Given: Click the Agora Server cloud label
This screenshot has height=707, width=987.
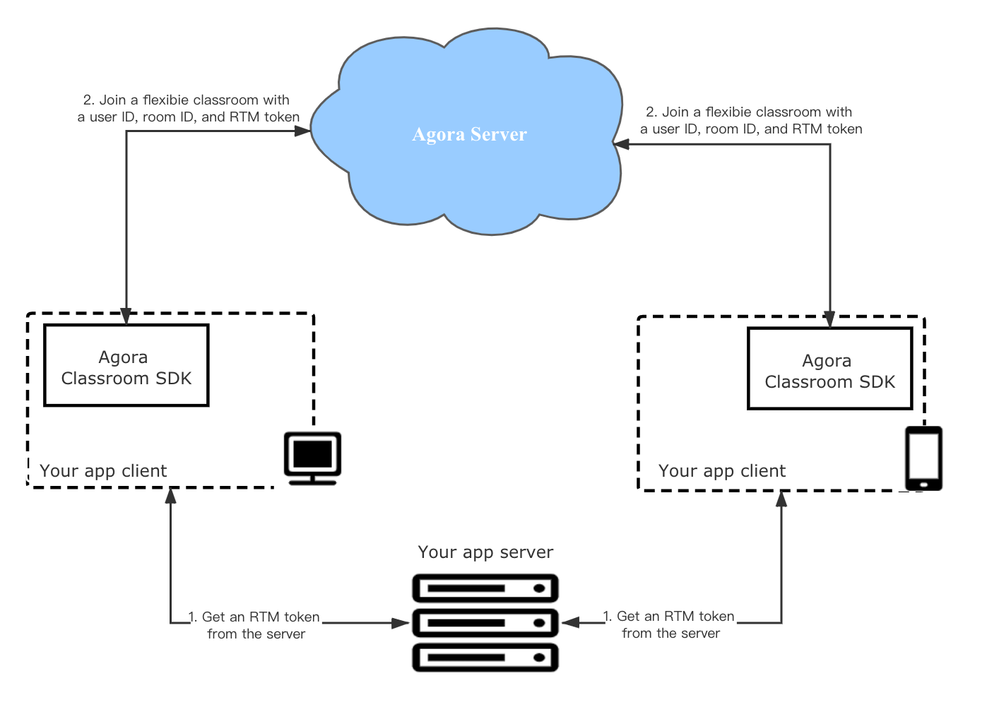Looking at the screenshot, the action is tap(469, 134).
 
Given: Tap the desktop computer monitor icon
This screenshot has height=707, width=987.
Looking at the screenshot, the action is tap(312, 458).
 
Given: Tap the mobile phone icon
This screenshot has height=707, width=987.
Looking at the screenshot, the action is tap(923, 458).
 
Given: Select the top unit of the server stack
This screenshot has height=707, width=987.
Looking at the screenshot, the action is tap(485, 588).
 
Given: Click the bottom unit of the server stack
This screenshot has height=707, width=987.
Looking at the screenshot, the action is tap(485, 658).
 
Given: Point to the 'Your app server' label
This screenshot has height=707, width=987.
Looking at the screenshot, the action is tap(485, 552).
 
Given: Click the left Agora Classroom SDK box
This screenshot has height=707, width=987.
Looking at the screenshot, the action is tap(126, 365).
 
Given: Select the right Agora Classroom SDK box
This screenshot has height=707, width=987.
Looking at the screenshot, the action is tap(830, 368).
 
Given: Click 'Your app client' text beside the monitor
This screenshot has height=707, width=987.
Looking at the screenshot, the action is tap(103, 471).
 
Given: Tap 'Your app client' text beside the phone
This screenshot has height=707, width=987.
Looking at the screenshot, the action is tap(722, 471).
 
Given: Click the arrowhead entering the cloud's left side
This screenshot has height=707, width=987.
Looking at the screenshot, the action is tap(302, 131).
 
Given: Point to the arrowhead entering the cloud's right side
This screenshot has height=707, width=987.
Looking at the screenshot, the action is tap(621, 144).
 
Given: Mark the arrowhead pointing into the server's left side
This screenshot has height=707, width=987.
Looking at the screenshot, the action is tap(401, 623).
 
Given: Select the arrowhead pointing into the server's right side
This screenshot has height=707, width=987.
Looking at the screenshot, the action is tap(571, 622).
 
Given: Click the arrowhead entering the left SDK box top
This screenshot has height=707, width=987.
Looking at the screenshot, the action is tap(126, 316).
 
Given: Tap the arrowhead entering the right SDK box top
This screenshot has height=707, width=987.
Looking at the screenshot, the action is tap(830, 320).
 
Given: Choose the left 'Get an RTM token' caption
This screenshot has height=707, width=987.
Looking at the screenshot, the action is tap(254, 626).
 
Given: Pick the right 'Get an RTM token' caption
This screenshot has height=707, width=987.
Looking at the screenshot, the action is tap(669, 624).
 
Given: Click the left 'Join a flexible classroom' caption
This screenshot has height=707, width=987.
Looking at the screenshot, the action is tap(188, 108).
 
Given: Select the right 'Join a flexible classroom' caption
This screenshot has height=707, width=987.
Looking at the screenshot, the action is tap(751, 120).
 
